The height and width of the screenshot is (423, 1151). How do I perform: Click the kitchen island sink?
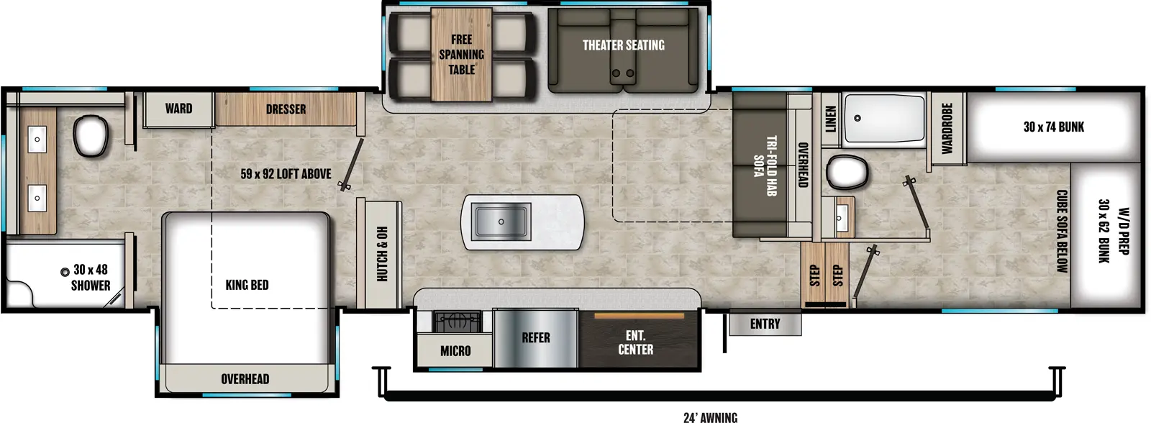point(501,221)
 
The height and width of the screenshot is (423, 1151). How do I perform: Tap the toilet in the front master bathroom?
point(91,135)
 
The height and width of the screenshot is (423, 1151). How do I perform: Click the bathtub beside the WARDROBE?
point(883,119)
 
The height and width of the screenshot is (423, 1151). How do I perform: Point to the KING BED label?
point(247,285)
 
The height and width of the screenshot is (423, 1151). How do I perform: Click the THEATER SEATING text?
point(623,45)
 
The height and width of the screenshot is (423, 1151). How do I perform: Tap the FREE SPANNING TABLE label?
point(461,55)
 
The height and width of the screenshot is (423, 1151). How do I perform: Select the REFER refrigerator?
point(535,338)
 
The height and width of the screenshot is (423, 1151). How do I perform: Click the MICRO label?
point(455,351)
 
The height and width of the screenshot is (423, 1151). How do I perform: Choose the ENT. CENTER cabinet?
point(636,342)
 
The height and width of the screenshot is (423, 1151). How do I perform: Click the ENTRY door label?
point(765,324)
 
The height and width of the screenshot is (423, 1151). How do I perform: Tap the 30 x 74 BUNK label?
point(1053,127)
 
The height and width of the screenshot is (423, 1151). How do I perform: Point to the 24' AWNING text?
point(709,417)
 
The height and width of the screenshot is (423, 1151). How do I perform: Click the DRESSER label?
point(286,109)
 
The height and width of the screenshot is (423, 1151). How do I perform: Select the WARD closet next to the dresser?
point(178,109)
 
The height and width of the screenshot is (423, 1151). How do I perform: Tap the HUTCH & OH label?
point(382,253)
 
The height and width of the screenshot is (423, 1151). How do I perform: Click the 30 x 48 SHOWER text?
point(91,277)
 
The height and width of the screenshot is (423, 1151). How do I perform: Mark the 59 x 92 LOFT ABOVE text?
point(286,174)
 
